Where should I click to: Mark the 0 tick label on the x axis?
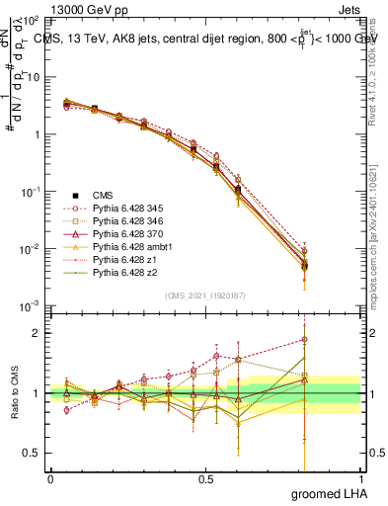pos(50,478)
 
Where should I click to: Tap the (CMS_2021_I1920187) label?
pos(204,295)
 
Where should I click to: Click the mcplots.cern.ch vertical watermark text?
pos(375,247)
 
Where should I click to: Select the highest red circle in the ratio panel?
pos(305,339)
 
